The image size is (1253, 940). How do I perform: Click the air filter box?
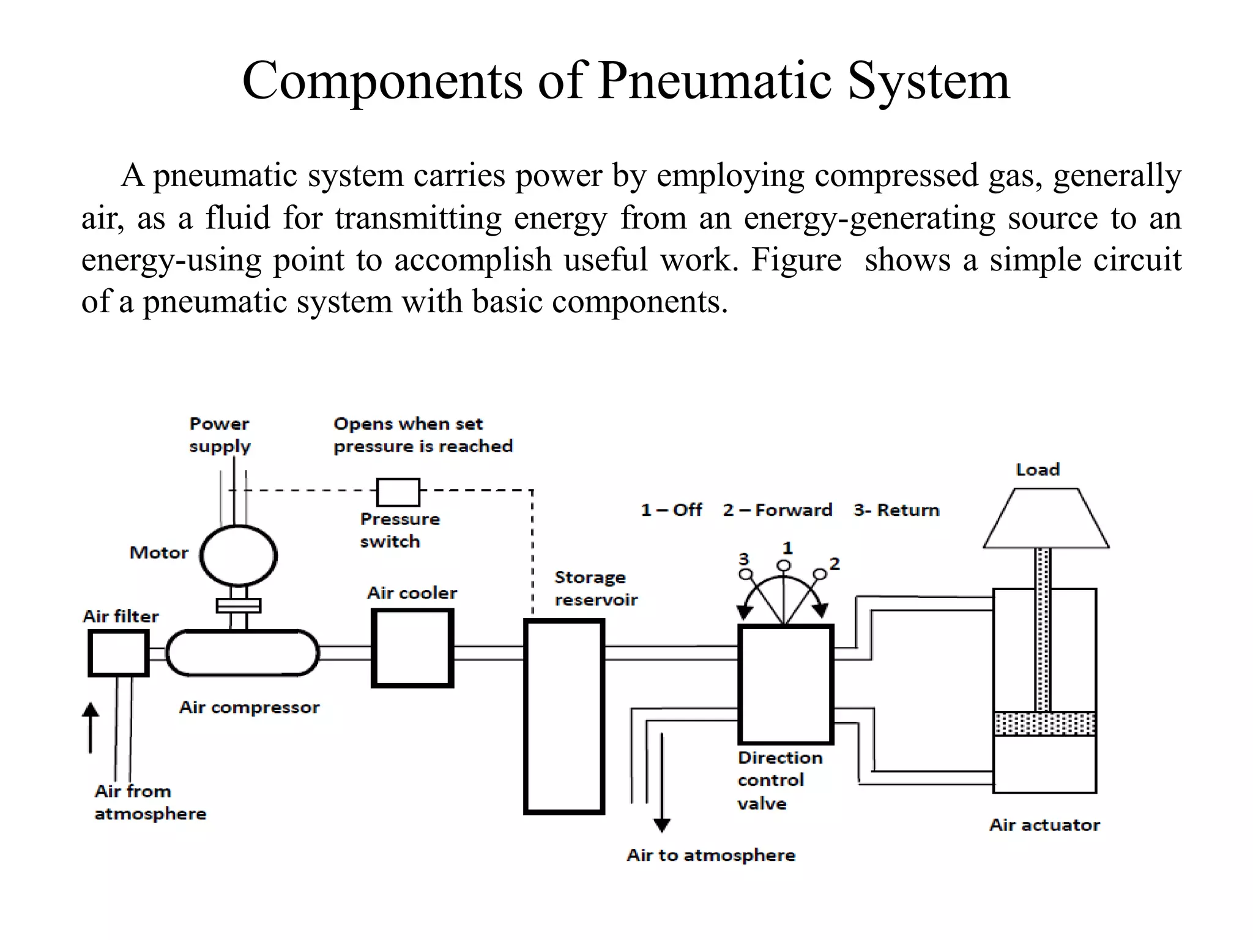(119, 654)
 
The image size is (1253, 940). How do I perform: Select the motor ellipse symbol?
(239, 556)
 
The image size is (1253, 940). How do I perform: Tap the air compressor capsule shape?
(243, 654)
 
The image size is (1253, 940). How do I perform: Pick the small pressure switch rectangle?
(398, 492)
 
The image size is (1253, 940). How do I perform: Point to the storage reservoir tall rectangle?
(564, 716)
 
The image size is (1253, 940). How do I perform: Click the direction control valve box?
(786, 684)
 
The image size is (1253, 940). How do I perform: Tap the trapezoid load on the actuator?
(1046, 519)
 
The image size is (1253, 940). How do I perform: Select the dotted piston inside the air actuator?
(1044, 723)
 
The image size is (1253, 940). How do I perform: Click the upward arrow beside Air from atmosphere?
(91, 725)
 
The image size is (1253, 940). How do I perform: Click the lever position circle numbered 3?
(745, 574)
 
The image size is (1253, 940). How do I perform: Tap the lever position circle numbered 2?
(819, 574)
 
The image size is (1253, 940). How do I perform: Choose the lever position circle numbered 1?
(784, 565)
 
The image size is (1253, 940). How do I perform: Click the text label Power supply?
(220, 435)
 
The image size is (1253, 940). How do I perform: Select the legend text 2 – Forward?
(777, 510)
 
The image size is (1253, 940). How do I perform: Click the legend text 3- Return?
(896, 510)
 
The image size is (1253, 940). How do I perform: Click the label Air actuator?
(1044, 825)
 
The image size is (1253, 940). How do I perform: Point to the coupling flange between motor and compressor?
(239, 606)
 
